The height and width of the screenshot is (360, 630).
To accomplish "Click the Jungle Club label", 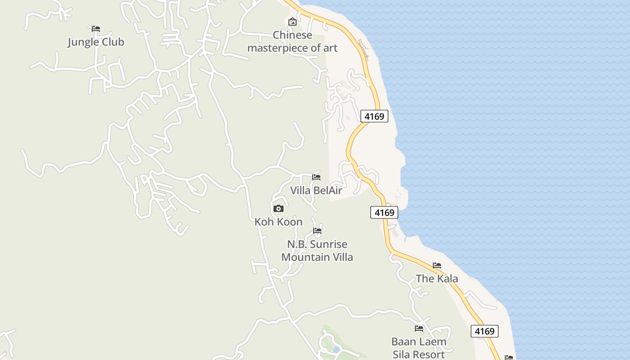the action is click(95, 42).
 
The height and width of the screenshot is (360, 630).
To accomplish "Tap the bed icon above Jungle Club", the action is click(95, 29).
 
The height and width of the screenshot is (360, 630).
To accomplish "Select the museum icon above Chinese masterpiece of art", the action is click(292, 21).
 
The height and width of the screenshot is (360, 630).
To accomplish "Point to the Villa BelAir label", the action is click(316, 190).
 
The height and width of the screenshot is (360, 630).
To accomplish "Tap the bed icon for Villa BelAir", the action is click(316, 177).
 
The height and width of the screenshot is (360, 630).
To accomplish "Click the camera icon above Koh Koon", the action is click(279, 208).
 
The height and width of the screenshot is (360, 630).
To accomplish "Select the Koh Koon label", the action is click(279, 222).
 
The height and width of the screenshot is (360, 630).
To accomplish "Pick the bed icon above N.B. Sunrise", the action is click(317, 231).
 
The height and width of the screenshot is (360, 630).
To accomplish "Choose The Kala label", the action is click(436, 279).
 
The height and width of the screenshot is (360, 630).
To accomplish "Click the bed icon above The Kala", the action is click(436, 265).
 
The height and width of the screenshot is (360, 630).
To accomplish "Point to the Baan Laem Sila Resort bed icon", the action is click(419, 328).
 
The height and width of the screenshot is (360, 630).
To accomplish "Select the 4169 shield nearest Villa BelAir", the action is click(384, 212).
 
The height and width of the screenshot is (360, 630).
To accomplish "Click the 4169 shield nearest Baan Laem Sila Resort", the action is click(485, 331).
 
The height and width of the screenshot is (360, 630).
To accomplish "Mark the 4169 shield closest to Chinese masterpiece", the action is click(374, 117).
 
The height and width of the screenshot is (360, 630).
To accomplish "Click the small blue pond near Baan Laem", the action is click(336, 350).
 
